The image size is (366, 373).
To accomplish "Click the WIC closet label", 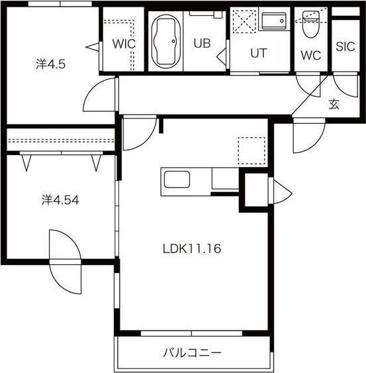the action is click(x=124, y=44).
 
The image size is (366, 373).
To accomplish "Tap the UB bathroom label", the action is click(x=202, y=43).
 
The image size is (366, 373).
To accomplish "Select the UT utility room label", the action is click(x=259, y=53).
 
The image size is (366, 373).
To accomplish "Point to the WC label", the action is click(x=310, y=55).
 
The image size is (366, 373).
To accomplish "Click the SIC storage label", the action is click(x=345, y=46).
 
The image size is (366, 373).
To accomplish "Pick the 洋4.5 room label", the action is click(x=50, y=64).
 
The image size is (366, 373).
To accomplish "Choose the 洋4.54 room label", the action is click(x=60, y=200).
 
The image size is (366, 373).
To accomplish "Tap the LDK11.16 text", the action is click(x=192, y=249).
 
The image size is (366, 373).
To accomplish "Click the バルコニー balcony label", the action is click(x=192, y=352).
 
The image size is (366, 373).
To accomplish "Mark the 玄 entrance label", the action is click(x=334, y=104).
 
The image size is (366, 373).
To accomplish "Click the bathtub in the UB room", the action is click(x=165, y=41).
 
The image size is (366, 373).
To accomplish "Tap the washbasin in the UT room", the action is click(x=274, y=21).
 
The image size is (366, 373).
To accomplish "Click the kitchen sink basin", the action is click(x=177, y=180).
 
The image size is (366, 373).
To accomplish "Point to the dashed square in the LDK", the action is click(x=252, y=150).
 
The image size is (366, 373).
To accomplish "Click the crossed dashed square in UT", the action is click(x=244, y=21).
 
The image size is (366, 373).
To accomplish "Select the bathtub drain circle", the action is click(x=173, y=41).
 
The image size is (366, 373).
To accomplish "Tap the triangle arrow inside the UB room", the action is click(x=221, y=56).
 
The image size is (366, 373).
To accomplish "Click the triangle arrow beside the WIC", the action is click(x=92, y=47).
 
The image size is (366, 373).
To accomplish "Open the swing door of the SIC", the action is click(x=345, y=86).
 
